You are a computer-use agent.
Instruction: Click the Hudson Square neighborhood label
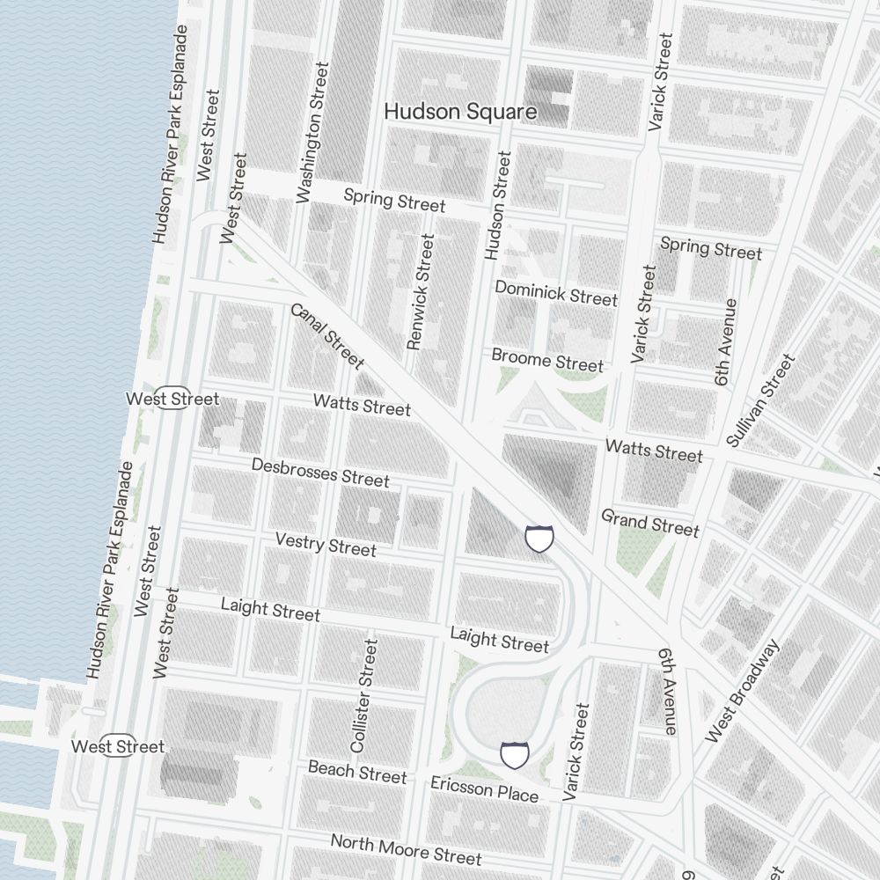pos(460,112)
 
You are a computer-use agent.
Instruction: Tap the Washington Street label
pos(312,133)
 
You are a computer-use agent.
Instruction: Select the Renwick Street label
pos(422,291)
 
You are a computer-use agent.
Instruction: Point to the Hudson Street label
pos(498,205)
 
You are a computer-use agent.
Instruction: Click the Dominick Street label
pos(555,293)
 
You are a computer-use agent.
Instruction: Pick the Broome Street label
pos(547,359)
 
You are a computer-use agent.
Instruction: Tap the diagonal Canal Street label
pos(326,335)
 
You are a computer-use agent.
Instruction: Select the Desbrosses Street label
pos(319,472)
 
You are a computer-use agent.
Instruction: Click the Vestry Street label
pos(325,544)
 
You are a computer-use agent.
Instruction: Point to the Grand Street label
pos(649,523)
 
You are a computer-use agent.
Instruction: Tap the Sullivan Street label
pos(761,400)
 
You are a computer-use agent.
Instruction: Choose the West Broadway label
pos(743,691)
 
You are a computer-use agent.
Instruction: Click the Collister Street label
pos(363,695)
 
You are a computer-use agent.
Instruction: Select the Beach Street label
pos(357,772)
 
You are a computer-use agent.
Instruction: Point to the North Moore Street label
pos(406,849)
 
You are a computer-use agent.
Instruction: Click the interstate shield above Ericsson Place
pos(515,755)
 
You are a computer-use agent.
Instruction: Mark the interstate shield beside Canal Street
pos(539,538)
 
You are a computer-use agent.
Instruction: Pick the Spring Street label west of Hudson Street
pos(394,200)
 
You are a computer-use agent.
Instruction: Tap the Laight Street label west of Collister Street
pos(270,609)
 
